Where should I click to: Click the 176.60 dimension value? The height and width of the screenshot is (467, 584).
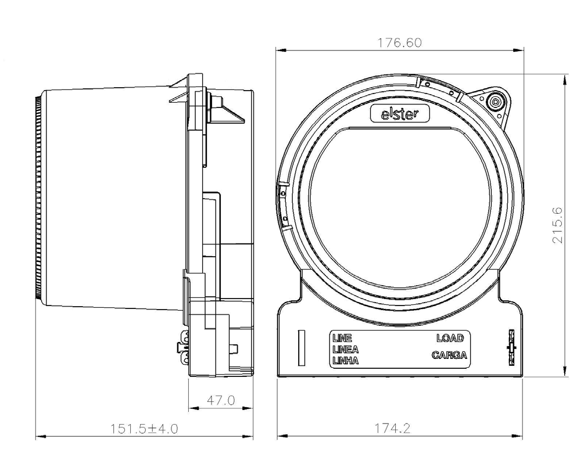coord(400,43)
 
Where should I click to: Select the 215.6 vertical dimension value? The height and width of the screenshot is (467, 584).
coord(557,225)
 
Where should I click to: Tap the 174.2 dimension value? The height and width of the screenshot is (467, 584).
coord(392,428)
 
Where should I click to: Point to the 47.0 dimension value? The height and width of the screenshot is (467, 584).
coord(221,400)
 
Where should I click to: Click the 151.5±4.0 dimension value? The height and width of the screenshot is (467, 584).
coord(144,429)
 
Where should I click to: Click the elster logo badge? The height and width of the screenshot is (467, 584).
coord(400,114)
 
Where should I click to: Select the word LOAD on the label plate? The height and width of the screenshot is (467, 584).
coord(450,338)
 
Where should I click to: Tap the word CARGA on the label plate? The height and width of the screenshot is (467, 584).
coord(449,355)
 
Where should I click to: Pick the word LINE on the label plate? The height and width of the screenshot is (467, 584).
coord(342,338)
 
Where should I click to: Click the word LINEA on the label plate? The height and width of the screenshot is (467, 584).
coord(345,349)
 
